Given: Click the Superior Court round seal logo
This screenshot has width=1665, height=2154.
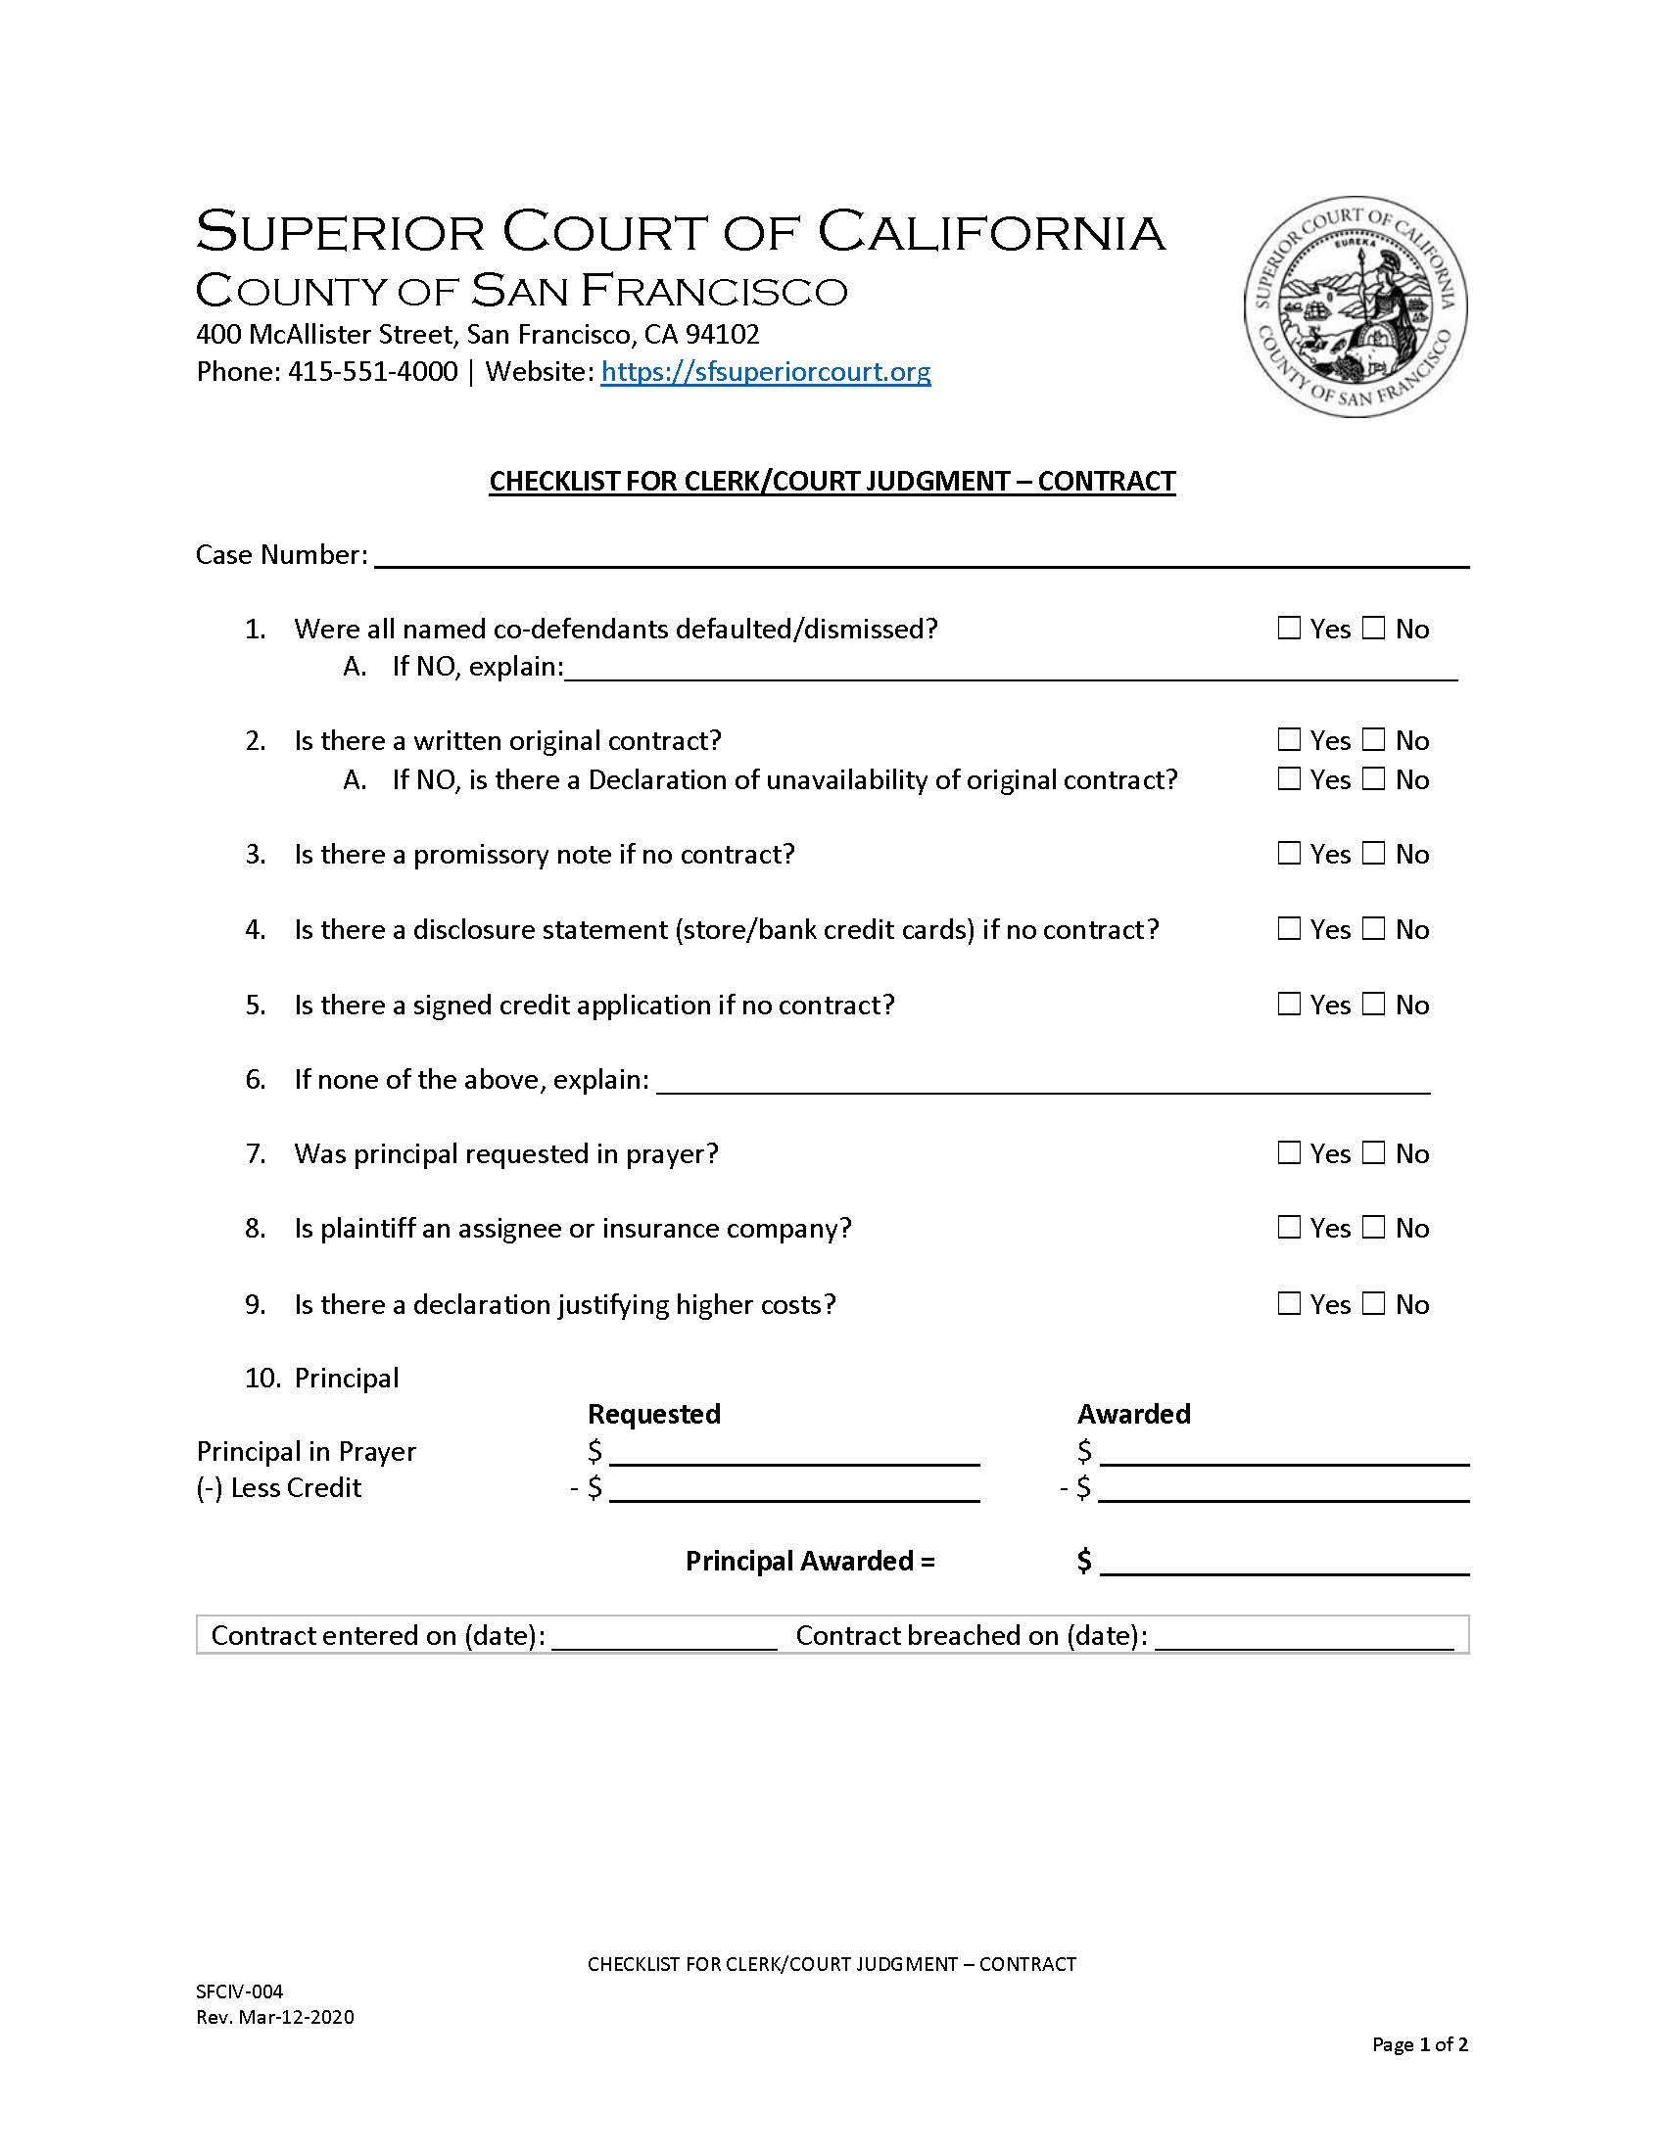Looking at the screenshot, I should click(1356, 305).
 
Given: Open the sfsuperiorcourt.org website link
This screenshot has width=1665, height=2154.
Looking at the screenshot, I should click(766, 372).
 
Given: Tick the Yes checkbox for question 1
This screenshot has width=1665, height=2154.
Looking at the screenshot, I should click(1289, 629).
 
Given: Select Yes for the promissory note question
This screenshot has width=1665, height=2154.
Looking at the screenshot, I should click(1289, 853).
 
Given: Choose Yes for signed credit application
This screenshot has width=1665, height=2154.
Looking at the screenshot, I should click(1289, 1004).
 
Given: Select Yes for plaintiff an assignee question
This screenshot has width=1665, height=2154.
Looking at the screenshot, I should click(1289, 1228).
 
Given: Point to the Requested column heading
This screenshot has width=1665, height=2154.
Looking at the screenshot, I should click(654, 1415).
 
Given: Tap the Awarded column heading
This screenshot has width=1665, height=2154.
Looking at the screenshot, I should click(1133, 1415).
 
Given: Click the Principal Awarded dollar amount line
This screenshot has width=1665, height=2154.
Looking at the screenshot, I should click(1284, 1564).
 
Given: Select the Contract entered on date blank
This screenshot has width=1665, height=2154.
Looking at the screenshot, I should click(664, 1637).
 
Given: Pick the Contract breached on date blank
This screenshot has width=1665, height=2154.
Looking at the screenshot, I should click(1304, 1637).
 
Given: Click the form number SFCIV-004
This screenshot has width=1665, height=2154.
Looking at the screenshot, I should click(240, 1991).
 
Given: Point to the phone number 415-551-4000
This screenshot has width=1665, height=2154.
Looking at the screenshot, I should click(373, 372).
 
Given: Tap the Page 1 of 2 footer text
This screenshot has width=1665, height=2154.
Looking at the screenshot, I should click(1419, 2044).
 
